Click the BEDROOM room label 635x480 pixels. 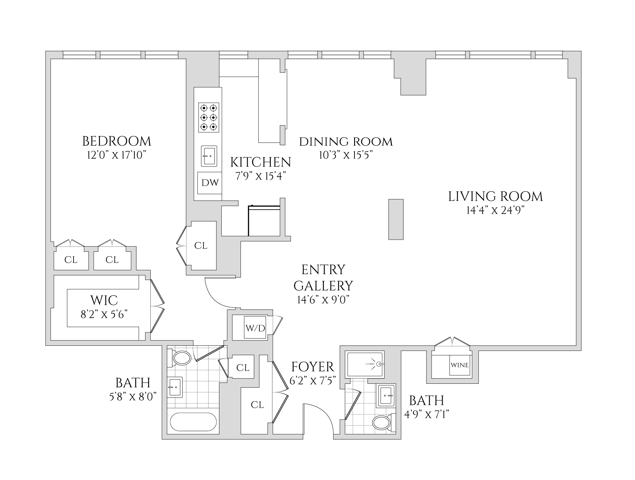(117, 141)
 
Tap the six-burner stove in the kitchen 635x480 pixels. (209, 117)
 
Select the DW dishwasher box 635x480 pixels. (210, 182)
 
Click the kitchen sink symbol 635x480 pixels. (209, 156)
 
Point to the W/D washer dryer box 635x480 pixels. (255, 328)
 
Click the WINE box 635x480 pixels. (460, 365)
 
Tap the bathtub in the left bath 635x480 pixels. (193, 422)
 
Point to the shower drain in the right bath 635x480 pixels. (379, 364)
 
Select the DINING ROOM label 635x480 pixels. (346, 142)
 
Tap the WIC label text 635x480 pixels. (104, 300)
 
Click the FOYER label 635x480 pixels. (312, 367)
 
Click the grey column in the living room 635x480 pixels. (396, 219)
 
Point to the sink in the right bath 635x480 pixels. (386, 395)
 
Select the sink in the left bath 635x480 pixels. (175, 387)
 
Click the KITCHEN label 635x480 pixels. (260, 162)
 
